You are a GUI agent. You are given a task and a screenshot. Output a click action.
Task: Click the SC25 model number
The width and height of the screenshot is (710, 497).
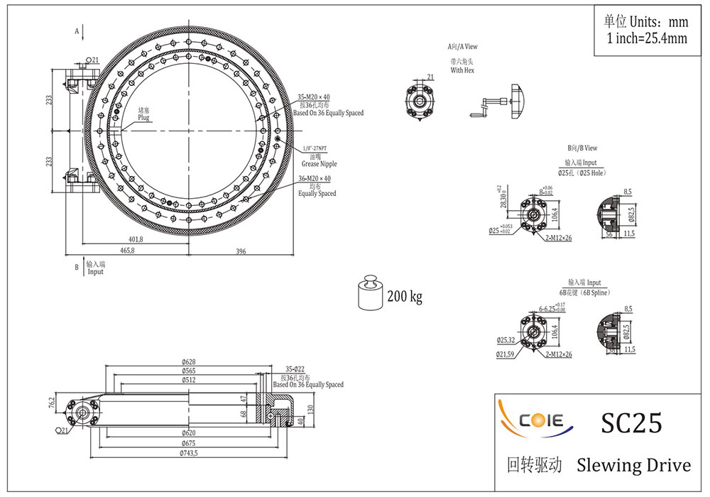[x=631, y=423]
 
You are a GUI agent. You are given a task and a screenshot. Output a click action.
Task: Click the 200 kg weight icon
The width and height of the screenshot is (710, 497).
[x=369, y=293]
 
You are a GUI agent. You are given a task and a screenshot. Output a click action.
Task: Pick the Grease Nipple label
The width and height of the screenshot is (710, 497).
[x=319, y=164]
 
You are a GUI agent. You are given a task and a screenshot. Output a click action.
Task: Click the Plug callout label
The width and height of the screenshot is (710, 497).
[x=143, y=117]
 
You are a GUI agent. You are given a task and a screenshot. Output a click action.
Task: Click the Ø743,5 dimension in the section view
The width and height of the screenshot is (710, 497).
[x=188, y=453]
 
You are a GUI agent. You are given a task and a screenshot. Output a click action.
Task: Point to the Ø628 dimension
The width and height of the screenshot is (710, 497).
[x=188, y=362]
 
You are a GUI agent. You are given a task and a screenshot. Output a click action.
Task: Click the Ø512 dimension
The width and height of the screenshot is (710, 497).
[x=188, y=380]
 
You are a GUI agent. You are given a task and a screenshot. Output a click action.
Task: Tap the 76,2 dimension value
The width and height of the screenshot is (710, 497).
[x=52, y=403]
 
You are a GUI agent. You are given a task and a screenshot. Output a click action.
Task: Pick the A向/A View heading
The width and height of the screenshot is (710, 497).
[x=462, y=47]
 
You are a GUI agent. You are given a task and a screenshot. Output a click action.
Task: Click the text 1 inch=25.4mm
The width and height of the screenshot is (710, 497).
[x=647, y=38]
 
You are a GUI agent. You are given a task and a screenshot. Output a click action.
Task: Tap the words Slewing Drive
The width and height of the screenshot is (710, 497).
[x=633, y=466]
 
